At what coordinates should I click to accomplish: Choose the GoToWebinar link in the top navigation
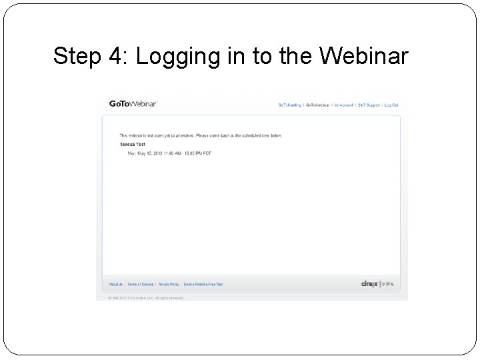tap(317, 105)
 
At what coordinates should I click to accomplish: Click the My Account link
tap(344, 105)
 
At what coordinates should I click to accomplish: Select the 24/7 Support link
tap(369, 105)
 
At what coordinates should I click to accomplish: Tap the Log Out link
tap(391, 105)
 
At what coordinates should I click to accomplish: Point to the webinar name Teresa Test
tap(133, 144)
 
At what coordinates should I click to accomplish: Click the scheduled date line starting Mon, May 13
tap(169, 153)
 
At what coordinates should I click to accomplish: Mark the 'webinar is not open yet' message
tap(200, 135)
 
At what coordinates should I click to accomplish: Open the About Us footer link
tap(116, 284)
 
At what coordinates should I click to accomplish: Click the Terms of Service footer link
tap(140, 284)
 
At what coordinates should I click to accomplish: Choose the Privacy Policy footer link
tap(168, 284)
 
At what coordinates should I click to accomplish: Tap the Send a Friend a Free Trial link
tap(203, 284)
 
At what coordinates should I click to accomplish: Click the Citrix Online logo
tap(377, 284)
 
